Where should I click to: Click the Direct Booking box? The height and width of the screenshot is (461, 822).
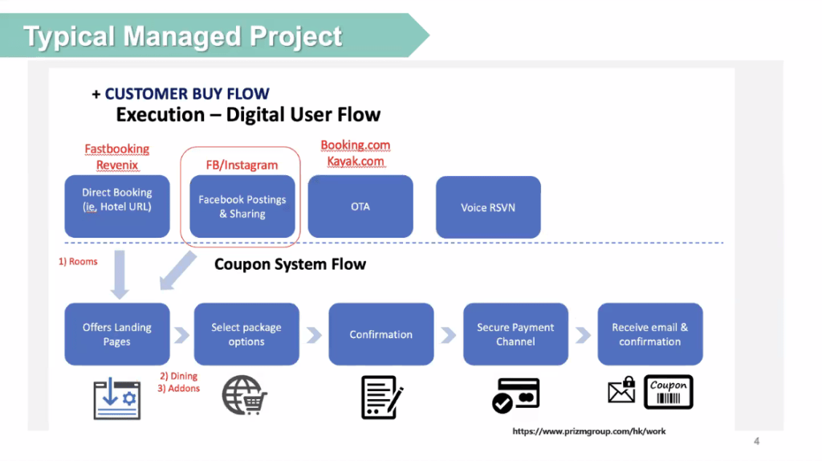click(116, 206)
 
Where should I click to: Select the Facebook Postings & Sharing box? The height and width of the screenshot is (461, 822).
click(242, 206)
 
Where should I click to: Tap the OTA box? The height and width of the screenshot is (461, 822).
click(360, 206)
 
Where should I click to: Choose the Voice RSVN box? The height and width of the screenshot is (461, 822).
click(488, 206)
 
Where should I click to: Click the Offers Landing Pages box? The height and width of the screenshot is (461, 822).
click(116, 334)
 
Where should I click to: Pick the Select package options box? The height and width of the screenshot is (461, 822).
click(246, 334)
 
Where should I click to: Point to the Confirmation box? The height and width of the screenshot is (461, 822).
click(380, 334)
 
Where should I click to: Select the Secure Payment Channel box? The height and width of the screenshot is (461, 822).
click(515, 334)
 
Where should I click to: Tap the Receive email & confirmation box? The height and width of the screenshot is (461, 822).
click(649, 334)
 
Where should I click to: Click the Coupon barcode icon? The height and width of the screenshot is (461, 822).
click(669, 393)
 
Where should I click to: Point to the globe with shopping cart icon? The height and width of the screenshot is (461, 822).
click(245, 394)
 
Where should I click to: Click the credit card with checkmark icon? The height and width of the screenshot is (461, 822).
click(515, 394)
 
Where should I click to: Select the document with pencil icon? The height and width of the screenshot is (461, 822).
click(381, 396)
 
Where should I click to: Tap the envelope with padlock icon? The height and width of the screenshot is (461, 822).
click(622, 391)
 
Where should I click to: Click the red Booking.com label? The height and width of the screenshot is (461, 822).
click(355, 145)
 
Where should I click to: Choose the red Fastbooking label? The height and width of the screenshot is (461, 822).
click(117, 149)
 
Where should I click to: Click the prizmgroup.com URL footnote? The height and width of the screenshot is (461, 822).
click(589, 431)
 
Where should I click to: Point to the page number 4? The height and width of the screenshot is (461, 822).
click(756, 441)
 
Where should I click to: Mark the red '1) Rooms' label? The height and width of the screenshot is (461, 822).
click(77, 262)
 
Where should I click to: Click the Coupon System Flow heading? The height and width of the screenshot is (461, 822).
click(290, 264)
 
